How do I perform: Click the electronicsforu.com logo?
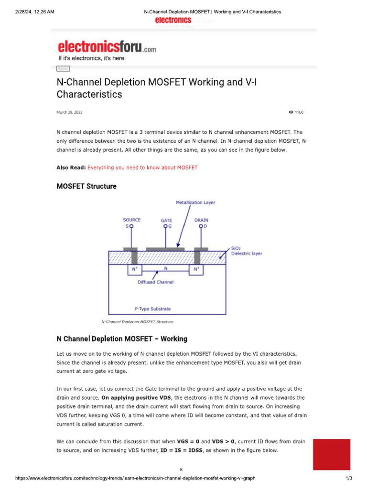coord(107,47)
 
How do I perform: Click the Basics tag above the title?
coord(63,69)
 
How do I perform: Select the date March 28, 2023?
coord(69,112)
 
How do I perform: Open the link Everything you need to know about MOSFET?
coord(142,168)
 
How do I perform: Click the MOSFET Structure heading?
coord(86,186)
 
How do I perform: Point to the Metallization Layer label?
coord(195,202)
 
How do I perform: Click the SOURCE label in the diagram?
coord(132,220)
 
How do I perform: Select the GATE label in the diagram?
coord(166,221)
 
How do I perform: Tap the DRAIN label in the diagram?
coord(201,220)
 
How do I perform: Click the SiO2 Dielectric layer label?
coord(246,251)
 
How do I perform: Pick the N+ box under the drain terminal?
coord(195,270)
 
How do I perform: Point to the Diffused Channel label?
coord(155,282)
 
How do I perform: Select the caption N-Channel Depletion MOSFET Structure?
coord(138,322)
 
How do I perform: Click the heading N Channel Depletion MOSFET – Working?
coord(122,339)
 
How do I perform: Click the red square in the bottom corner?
coord(332,455)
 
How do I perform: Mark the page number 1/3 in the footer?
coord(349,478)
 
